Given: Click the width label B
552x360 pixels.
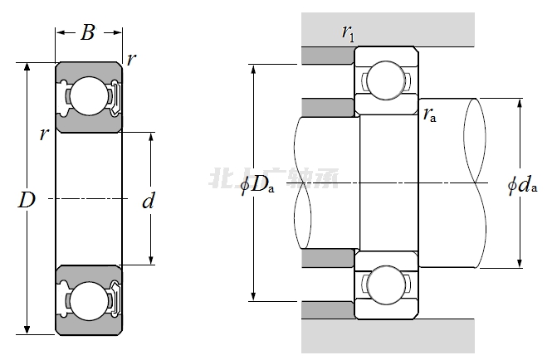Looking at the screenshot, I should click(x=88, y=33).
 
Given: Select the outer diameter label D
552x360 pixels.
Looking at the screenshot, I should click(x=28, y=199).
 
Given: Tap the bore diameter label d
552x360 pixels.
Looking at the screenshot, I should click(x=149, y=201).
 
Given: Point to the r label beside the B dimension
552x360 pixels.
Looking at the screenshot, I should click(x=131, y=60).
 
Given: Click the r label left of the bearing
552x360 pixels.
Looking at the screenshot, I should click(x=44, y=134).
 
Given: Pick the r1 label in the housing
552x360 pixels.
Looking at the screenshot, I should click(x=348, y=33).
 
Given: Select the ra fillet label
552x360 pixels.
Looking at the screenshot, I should click(x=430, y=115).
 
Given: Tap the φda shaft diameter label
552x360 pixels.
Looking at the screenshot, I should click(x=522, y=184).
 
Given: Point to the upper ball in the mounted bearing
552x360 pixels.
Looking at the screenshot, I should click(x=385, y=80).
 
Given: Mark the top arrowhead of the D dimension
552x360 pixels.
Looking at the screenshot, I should click(x=28, y=66).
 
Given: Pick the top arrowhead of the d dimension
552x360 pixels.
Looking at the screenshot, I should click(x=150, y=135).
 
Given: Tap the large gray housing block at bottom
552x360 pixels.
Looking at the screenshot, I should click(x=388, y=336).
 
